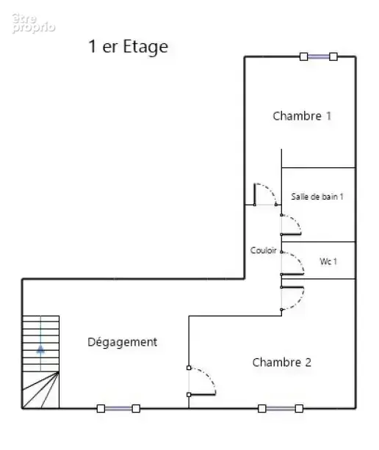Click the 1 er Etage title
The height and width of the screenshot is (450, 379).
point(128,47)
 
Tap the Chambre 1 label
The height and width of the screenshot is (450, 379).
point(302,116)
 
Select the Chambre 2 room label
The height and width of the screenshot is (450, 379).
point(281,362)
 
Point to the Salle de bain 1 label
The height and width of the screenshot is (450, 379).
point(317,197)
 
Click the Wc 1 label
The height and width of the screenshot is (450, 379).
point(328,261)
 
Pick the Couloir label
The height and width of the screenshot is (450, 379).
point(263,250)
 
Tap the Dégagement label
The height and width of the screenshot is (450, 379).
point(123,342)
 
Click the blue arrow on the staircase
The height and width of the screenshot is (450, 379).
point(40,349)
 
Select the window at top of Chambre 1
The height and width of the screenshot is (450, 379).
point(319,57)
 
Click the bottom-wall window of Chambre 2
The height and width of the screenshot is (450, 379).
point(281,408)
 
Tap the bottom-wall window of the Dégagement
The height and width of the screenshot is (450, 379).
point(118,408)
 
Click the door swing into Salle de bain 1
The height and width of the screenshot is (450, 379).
point(291,225)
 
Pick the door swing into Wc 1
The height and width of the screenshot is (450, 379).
point(292,263)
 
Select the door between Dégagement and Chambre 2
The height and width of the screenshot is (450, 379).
point(201,381)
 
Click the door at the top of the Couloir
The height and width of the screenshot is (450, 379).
point(265,195)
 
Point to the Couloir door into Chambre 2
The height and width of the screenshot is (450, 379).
point(292,299)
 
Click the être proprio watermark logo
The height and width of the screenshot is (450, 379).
point(33,23)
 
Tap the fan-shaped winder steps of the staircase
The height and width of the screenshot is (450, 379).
point(40,390)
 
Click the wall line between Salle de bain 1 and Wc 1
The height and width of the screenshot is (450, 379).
point(319,242)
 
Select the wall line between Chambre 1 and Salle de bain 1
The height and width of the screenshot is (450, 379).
point(319,167)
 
